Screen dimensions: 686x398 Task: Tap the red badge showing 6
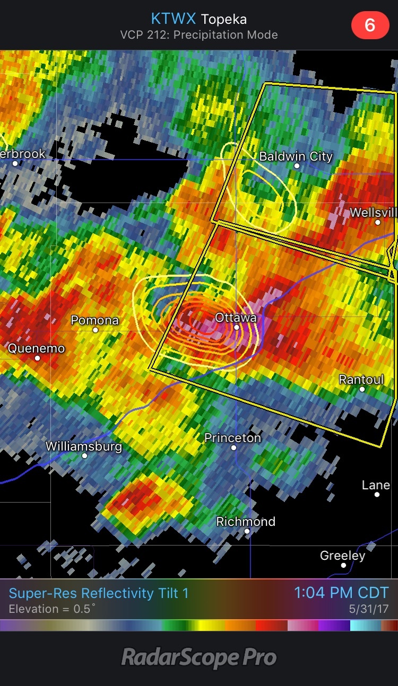coord(370,25)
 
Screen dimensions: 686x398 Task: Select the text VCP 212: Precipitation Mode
coord(198,36)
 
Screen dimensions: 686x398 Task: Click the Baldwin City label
coord(296,156)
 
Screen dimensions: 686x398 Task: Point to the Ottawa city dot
coord(237,328)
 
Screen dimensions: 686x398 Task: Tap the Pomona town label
coord(94,320)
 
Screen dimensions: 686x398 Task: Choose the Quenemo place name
coord(36,348)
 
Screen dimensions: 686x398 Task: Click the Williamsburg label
coord(84,446)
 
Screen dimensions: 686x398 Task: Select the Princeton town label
coord(232,438)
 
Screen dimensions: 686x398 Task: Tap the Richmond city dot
coord(247,531)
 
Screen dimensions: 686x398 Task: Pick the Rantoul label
coord(361,380)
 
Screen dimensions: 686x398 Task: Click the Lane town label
coord(376,485)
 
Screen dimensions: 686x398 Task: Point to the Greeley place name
coord(342,556)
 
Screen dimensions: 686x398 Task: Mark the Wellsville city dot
coord(378,222)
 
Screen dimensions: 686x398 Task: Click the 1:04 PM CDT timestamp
coord(341,593)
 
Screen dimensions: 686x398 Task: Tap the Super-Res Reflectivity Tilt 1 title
coord(99,593)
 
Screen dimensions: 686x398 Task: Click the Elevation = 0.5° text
coord(53,609)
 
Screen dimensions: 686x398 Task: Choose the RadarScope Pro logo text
coord(199,658)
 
